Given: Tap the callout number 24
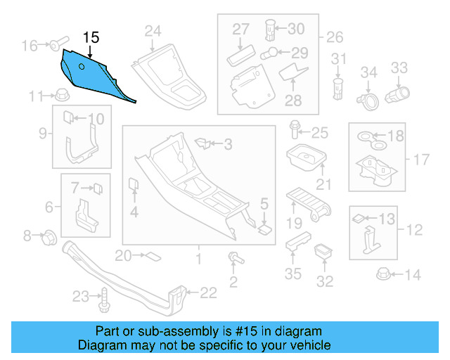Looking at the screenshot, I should (x=153, y=30).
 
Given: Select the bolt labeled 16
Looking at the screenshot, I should (x=56, y=46).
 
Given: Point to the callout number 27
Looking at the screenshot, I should (x=241, y=30).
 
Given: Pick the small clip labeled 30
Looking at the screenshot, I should (x=269, y=30).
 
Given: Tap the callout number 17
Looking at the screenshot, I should (x=420, y=160).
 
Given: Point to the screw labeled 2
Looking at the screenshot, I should (x=234, y=259).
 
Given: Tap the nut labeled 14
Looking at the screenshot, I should (x=385, y=274).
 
